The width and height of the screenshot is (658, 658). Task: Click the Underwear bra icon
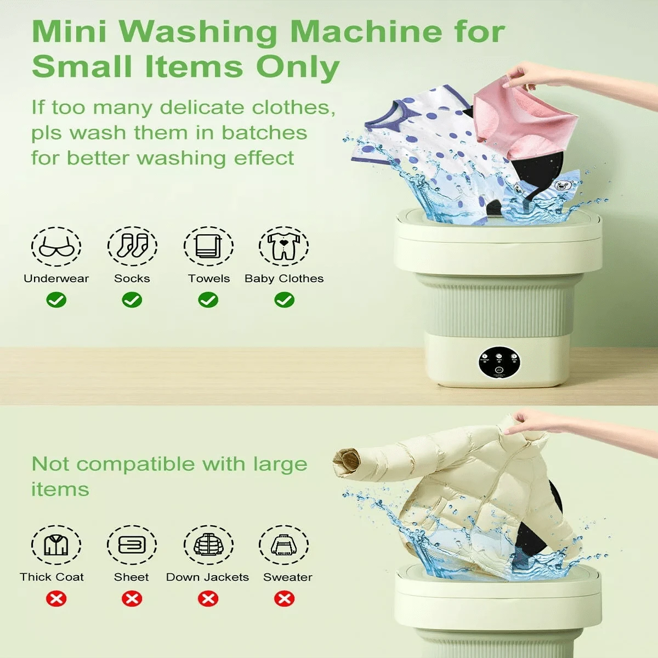click(56, 247)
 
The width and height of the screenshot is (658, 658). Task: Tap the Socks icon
click(132, 247)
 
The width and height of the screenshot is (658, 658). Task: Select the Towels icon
click(208, 247)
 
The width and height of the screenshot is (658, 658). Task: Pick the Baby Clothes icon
click(284, 247)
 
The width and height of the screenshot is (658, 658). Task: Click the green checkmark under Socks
click(132, 300)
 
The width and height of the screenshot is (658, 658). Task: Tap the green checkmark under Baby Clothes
click(284, 300)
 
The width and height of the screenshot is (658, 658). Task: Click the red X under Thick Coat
click(56, 598)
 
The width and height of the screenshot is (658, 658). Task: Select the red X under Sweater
click(284, 598)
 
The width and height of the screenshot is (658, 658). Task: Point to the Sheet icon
click(132, 545)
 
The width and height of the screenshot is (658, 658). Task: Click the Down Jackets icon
click(208, 545)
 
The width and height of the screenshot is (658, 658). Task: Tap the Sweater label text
click(287, 577)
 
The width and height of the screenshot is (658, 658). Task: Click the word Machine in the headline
click(365, 31)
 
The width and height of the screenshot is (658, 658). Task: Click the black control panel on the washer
click(499, 362)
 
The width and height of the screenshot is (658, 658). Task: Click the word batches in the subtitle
click(272, 133)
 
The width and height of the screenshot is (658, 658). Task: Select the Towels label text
click(209, 279)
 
